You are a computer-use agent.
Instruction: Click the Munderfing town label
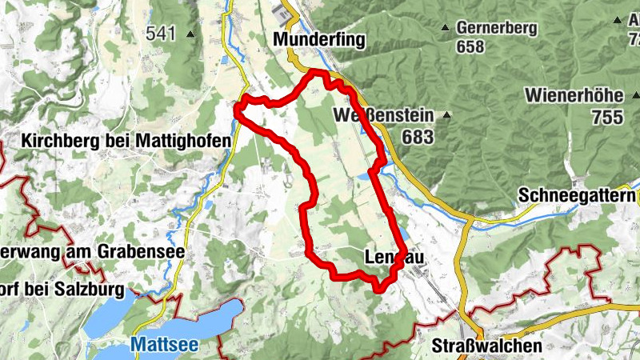(x=318, y=39)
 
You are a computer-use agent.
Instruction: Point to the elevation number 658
(x=470, y=46)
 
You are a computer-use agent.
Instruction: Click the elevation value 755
(x=607, y=117)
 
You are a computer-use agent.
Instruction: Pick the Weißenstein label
(x=383, y=117)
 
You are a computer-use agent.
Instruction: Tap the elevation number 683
(x=418, y=137)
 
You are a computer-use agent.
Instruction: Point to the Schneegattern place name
(x=577, y=195)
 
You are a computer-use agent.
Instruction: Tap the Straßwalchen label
(x=486, y=346)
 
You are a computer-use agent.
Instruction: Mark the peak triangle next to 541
(x=190, y=34)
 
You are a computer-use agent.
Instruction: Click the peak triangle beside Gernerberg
(x=446, y=28)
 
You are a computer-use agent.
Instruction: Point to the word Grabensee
(x=142, y=251)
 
